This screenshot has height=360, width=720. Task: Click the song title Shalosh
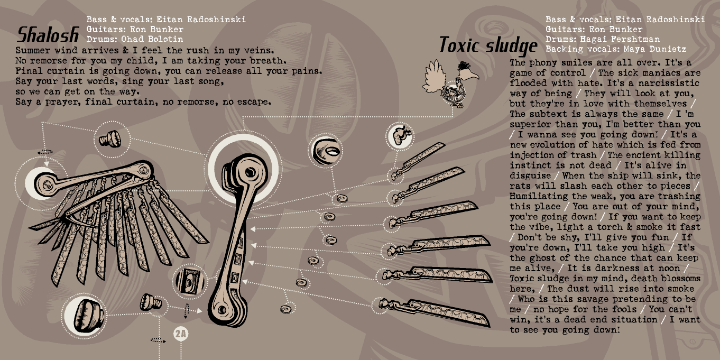pos(48,34)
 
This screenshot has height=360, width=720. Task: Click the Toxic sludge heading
pos(488,45)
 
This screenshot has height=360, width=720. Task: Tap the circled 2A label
pos(181,334)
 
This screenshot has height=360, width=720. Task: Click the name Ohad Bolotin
pos(152,39)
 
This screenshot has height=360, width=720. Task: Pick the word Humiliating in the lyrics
pos(541,196)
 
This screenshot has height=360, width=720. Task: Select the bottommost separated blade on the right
pos(434,312)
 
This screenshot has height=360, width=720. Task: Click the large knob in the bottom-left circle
pos(87,315)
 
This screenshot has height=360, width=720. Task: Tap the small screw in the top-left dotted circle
pos(110,139)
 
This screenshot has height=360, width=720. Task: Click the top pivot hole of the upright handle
pos(251,173)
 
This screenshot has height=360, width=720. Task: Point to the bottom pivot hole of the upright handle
pos(222,310)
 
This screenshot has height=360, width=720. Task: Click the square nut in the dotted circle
pos(190,281)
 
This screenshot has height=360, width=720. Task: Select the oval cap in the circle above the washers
pos(326,151)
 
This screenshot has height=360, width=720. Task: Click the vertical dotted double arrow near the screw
pos(186,311)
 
